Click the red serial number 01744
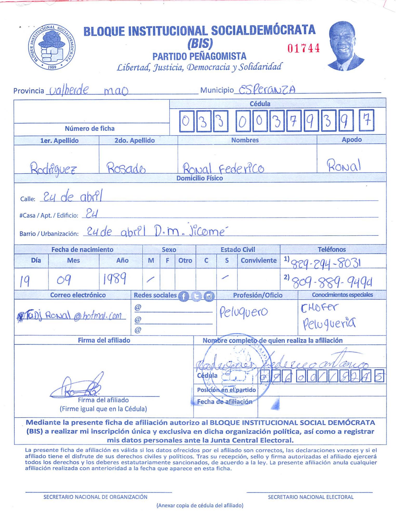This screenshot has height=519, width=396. [303, 48]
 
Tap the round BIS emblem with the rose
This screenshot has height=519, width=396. [52, 47]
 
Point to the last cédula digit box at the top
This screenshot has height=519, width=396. [366, 121]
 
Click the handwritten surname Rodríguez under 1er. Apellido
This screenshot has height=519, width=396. [53, 168]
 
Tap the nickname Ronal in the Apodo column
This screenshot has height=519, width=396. [344, 165]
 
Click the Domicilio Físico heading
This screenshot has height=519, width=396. [199, 178]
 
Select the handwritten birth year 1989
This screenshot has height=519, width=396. [115, 279]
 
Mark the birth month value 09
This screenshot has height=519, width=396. [64, 280]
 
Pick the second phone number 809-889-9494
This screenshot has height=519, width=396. [332, 282]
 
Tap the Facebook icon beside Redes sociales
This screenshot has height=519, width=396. [183, 296]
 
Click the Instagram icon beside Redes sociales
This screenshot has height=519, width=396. [209, 296]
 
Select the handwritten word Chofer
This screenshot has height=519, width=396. [319, 308]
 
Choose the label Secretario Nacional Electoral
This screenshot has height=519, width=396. [311, 497]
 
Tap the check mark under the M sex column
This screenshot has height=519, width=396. [150, 279]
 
